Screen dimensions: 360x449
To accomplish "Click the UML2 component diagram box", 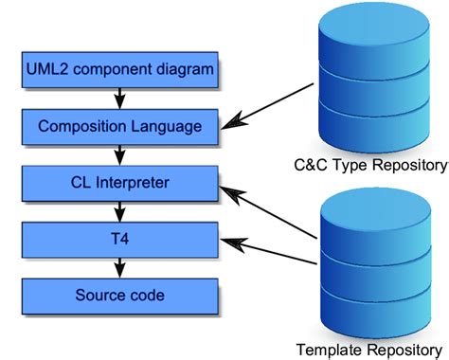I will tap(118, 69).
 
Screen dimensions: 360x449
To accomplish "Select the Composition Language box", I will tap(118, 124).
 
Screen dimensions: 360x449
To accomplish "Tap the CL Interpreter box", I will tap(118, 179).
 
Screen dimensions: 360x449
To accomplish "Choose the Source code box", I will tap(118, 295).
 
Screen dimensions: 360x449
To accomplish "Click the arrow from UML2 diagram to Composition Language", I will tap(119, 96).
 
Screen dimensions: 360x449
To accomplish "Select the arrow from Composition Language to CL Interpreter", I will tap(119, 152).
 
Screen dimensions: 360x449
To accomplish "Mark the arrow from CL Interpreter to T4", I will tap(119, 207).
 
